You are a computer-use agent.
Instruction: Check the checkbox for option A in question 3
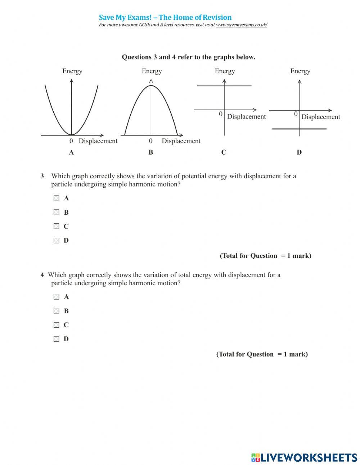[x=57, y=198]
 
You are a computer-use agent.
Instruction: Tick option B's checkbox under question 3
[x=57, y=212]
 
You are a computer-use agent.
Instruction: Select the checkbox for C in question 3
[x=57, y=226]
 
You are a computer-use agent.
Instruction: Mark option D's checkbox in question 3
[x=57, y=240]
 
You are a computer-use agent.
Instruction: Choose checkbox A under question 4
[x=57, y=297]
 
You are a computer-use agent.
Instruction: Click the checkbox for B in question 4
[x=57, y=311]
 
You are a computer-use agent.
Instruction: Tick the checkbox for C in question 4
[x=57, y=325]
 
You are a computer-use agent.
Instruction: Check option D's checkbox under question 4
[x=57, y=339]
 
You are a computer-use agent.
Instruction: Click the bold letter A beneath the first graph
[x=71, y=152]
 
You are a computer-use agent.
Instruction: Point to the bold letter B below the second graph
[x=151, y=152]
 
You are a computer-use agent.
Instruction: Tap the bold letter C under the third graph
[x=224, y=152]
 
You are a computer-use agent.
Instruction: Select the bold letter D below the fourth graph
[x=299, y=152]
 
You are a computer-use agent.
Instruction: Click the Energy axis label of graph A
[x=72, y=71]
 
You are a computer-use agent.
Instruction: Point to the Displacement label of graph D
[x=321, y=117]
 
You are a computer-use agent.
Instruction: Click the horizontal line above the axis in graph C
[x=238, y=86]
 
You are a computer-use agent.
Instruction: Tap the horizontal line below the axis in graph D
[x=313, y=129]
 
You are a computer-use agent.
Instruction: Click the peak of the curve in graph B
[x=151, y=85]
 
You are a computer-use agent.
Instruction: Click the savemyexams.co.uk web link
[x=242, y=25]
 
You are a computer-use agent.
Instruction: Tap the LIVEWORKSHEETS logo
[x=304, y=457]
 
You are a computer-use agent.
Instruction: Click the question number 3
[x=42, y=176]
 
